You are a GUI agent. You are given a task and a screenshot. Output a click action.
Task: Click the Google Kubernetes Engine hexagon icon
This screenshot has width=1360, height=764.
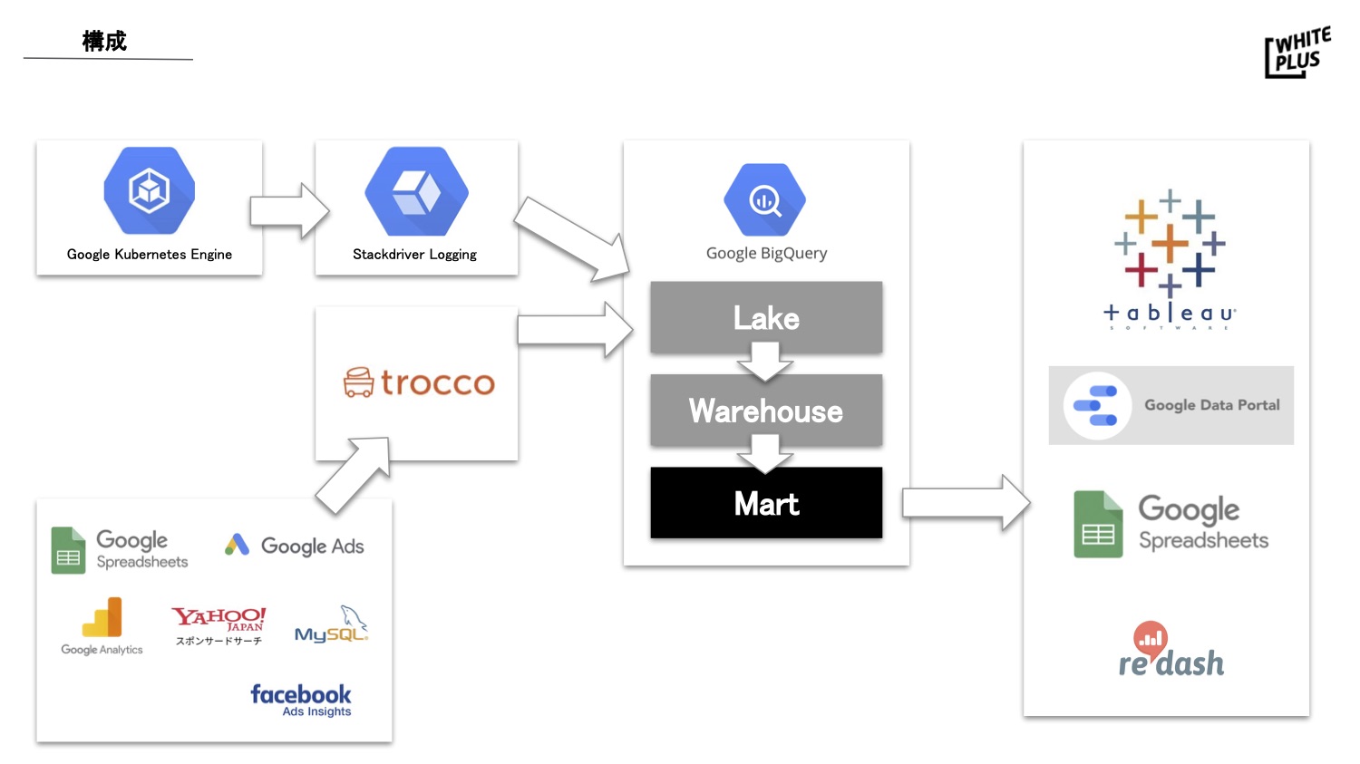pos(150,191)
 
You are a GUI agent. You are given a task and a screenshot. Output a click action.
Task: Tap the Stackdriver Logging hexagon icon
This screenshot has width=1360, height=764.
pos(416,192)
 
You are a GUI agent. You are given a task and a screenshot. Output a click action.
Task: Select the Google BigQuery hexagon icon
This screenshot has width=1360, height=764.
pos(765,200)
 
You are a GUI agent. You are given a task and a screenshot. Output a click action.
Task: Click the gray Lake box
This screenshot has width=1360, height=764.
pos(766,317)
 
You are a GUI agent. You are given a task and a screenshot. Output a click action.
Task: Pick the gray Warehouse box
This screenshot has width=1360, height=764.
pos(766,411)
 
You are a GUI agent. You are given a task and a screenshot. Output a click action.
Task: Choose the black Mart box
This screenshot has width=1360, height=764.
pos(766,503)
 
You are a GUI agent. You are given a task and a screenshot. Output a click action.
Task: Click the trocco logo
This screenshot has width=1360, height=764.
pos(419,382)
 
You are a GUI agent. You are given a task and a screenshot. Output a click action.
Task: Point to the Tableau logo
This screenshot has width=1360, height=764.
pos(1170,259)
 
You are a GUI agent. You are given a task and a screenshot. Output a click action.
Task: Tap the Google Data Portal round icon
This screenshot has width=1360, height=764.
pos(1097,405)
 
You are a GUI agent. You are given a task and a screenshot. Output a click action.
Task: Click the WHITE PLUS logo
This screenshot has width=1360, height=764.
pos(1297,52)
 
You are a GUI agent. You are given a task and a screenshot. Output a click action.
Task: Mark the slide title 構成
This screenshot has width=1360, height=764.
pos(104,41)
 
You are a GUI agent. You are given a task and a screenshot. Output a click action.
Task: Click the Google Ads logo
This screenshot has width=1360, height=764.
pos(295,546)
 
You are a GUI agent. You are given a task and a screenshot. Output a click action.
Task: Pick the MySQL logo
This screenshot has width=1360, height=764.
pos(332,625)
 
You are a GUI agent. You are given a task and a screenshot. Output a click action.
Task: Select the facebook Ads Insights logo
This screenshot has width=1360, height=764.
pos(301,700)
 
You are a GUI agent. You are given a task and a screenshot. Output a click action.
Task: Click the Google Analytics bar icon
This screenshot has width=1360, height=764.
pos(102,618)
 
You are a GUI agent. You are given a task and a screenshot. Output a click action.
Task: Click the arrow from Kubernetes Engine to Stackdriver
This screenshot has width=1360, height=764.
pos(289,210)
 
